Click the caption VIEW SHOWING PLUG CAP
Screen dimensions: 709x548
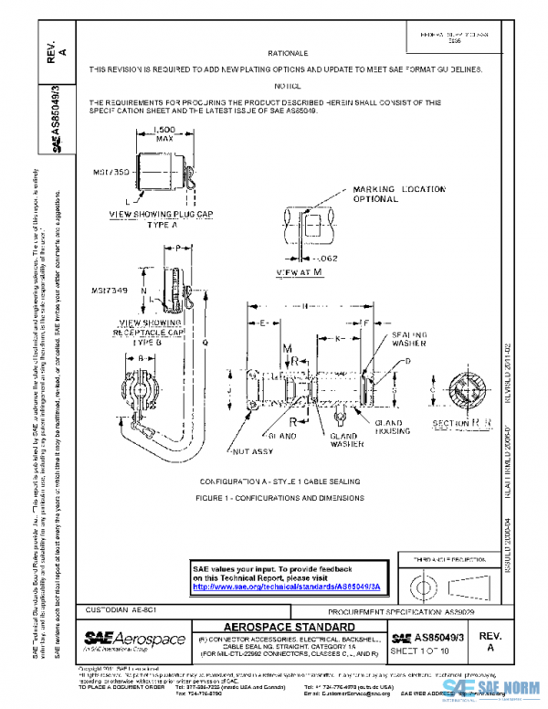click(161, 217)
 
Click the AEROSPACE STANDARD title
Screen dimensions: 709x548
click(289, 627)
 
